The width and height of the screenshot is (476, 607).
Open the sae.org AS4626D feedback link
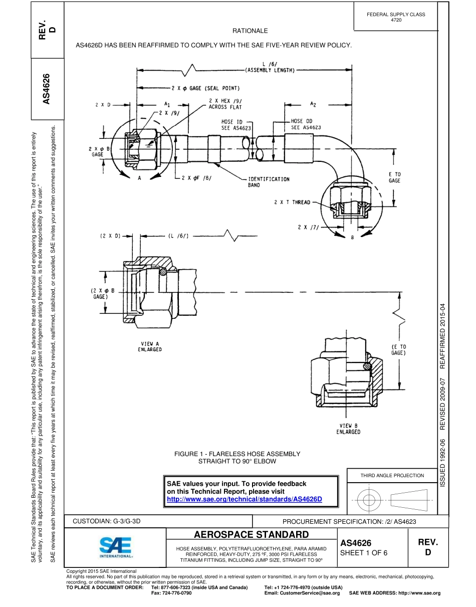pos(244,499)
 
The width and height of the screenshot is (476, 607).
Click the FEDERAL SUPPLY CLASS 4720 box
pos(396,17)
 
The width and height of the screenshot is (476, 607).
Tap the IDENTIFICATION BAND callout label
pos(269,181)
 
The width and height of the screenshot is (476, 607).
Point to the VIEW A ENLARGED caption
pos(150,346)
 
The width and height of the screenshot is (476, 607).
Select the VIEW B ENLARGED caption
pos(348,429)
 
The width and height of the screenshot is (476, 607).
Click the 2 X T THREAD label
pos(292,203)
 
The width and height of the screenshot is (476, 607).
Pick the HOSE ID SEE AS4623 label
pos(236,124)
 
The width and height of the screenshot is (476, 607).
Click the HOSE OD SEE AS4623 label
pos(306,124)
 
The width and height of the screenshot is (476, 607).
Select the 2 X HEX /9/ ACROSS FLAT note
pos(225,104)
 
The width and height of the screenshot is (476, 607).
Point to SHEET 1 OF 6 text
pos(364,553)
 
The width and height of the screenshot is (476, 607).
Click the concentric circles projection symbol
pos(369,499)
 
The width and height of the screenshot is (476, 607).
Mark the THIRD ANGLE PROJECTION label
pos(392,475)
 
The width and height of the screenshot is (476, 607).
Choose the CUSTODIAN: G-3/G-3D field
pos(107,521)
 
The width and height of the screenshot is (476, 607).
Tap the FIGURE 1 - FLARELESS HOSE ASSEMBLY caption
pos(237,457)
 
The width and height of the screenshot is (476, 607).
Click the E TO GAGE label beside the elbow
pos(394,177)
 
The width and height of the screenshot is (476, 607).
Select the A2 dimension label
pos(313,104)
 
